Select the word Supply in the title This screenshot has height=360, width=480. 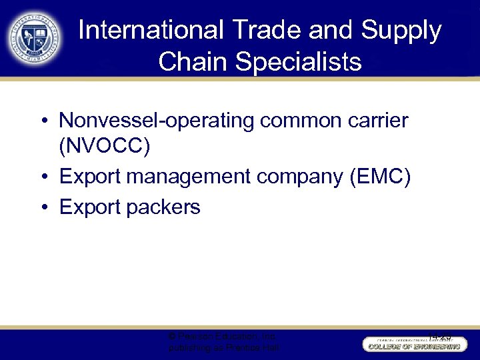tap(402, 31)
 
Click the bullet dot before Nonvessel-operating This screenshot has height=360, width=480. tap(42, 121)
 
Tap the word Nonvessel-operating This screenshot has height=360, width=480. tap(157, 121)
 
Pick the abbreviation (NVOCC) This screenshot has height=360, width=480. tap(105, 146)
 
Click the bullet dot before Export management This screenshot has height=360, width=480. tap(42, 177)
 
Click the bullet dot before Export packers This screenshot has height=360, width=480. tap(42, 208)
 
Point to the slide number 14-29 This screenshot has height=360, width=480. tap(439, 337)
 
